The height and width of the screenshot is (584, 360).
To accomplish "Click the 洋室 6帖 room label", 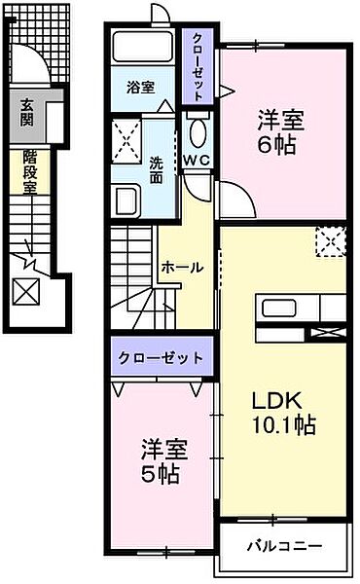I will pos(281,134).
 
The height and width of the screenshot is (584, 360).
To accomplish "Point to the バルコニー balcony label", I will pos(282,544).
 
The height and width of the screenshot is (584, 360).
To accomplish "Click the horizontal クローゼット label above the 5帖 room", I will pos(161,357).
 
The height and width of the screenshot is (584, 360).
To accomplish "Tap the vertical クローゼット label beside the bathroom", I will pos(198,66).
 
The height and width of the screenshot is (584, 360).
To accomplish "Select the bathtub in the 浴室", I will pos(143,47).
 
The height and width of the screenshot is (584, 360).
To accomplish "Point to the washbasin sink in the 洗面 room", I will pos(127,201).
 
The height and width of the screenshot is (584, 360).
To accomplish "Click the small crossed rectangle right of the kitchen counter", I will pos(327,333).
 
